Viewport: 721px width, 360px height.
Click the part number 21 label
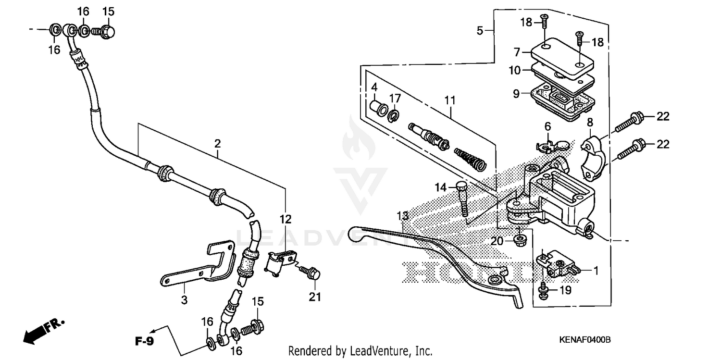(314, 298)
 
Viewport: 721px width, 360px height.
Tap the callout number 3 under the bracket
(184, 300)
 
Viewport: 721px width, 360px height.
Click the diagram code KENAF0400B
(584, 340)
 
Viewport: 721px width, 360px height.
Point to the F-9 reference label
(143, 342)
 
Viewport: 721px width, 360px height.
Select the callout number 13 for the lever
(402, 215)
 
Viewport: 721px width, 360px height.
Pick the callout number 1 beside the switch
(596, 271)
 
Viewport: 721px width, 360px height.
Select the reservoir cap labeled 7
(562, 57)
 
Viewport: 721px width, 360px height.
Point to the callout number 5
(480, 31)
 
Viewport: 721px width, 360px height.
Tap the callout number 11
(449, 100)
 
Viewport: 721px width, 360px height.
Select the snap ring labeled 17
(394, 114)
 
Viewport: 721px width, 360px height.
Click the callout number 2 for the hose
(217, 143)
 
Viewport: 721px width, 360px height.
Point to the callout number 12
(286, 219)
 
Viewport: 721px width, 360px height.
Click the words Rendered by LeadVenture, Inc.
(360, 351)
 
